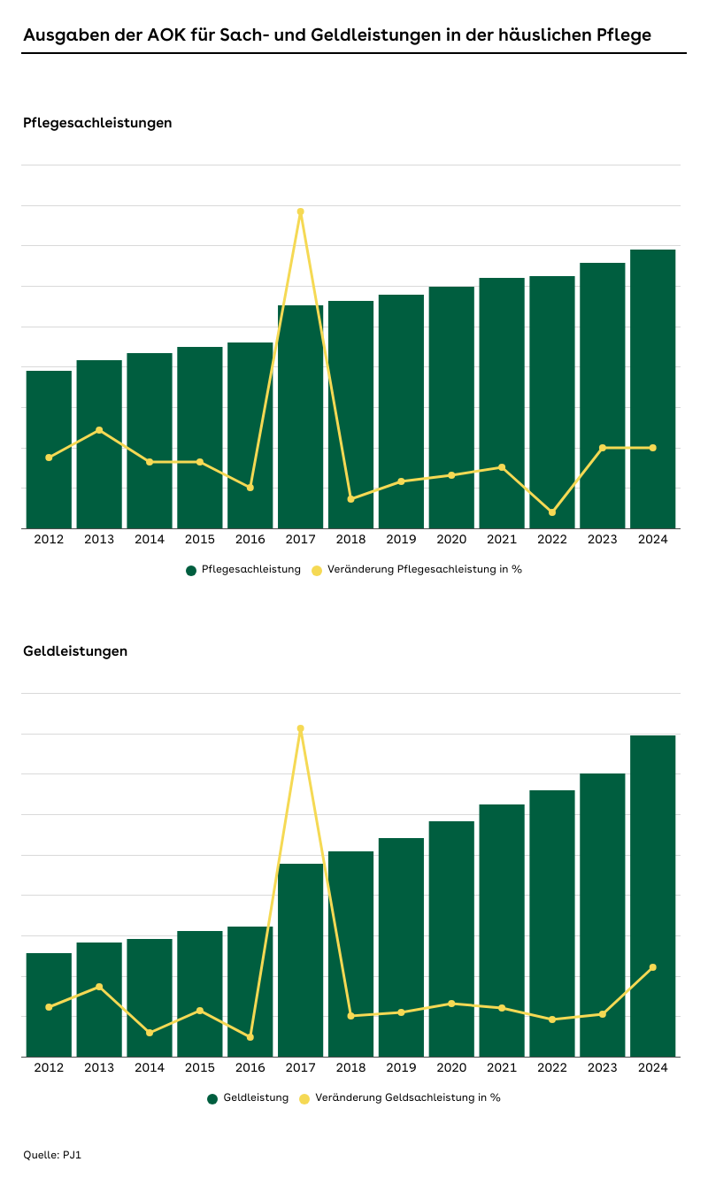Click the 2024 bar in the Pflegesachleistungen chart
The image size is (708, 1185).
click(652, 389)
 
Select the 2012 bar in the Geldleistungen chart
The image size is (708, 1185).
click(49, 1004)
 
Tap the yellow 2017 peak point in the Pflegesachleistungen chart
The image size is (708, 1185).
click(301, 212)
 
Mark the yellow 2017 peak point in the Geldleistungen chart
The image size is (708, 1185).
click(301, 728)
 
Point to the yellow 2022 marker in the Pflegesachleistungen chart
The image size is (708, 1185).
click(552, 512)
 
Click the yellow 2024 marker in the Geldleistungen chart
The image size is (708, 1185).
click(653, 967)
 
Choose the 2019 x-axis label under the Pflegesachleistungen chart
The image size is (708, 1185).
click(401, 539)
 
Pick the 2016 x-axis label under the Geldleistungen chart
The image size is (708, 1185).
click(250, 1067)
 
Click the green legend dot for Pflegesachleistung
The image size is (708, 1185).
click(191, 570)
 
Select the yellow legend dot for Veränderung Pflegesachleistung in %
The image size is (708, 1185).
click(317, 570)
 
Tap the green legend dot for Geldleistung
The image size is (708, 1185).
click(212, 1098)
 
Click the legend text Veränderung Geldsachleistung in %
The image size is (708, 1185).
click(407, 1097)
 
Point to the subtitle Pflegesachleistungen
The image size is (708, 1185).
click(97, 123)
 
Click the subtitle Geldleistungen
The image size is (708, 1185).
click(75, 651)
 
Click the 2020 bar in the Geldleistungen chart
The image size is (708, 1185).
click(451, 938)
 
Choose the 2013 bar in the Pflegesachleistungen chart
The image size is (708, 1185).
click(99, 442)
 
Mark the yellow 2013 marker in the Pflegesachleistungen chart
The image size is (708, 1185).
click(99, 430)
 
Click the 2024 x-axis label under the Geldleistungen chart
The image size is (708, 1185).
click(652, 1067)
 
